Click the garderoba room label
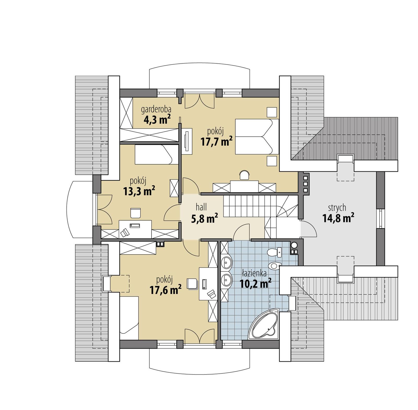tap(156, 109)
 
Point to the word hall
tap(201, 207)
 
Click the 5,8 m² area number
tap(205, 219)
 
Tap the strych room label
tap(337, 207)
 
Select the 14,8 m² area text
tap(338, 218)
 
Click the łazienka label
tap(254, 273)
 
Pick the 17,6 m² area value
tap(166, 290)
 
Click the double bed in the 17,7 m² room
tap(257, 136)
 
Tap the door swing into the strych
tap(309, 229)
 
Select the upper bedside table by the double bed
tap(272, 112)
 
